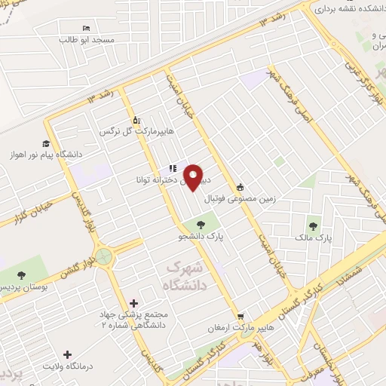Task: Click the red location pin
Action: pos(195,177)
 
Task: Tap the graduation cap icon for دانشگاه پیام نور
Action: pos(46,143)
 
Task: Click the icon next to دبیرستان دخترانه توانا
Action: pos(173,169)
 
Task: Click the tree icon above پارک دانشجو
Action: pos(201,224)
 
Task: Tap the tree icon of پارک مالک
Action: pos(312,225)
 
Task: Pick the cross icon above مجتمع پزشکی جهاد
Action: pos(134,302)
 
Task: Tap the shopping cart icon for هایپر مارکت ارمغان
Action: pos(240,316)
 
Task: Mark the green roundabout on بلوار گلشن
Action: pos(104,256)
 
